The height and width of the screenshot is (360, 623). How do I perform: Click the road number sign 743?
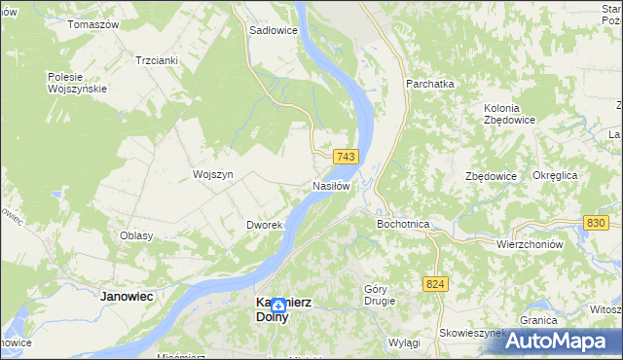[x=346, y=157]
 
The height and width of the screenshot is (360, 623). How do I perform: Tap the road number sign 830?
[x=597, y=223]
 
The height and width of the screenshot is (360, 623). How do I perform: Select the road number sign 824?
[x=435, y=282]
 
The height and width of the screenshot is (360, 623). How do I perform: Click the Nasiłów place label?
[x=331, y=186]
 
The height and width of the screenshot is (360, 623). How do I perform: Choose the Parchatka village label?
[x=430, y=85]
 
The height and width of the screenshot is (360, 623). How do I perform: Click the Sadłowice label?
[x=274, y=30]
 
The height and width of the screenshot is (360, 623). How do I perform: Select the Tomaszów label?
[x=92, y=23]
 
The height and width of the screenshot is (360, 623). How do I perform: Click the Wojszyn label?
[x=213, y=174]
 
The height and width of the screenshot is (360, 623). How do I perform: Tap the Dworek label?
[x=264, y=225]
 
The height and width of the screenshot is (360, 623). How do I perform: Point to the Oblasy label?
[x=136, y=235]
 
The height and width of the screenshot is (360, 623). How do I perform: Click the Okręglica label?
[x=556, y=175]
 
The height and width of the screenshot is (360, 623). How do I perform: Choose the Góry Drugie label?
[x=381, y=295]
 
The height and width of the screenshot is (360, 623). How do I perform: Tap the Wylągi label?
[x=403, y=343]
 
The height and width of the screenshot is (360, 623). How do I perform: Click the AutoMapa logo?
[x=563, y=341]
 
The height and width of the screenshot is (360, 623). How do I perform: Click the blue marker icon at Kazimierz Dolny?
[x=278, y=306]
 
